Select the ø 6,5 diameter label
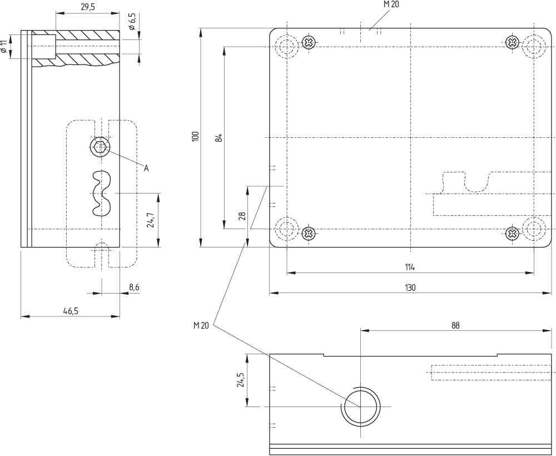coord(132,22)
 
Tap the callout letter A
coord(146,168)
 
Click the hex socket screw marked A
coord(99,147)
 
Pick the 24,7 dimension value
coord(150,220)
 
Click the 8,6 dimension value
coord(134,287)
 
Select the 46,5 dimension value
coord(71,311)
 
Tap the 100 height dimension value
coord(195,137)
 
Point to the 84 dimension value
coord(219,137)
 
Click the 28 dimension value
coord(242,216)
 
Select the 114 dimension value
coord(410,267)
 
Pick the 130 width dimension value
coord(410,288)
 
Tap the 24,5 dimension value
coord(241,380)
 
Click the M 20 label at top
coord(391,4)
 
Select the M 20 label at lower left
coord(201,325)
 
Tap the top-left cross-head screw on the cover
coord(309,42)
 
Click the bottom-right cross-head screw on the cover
coord(512,233)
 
